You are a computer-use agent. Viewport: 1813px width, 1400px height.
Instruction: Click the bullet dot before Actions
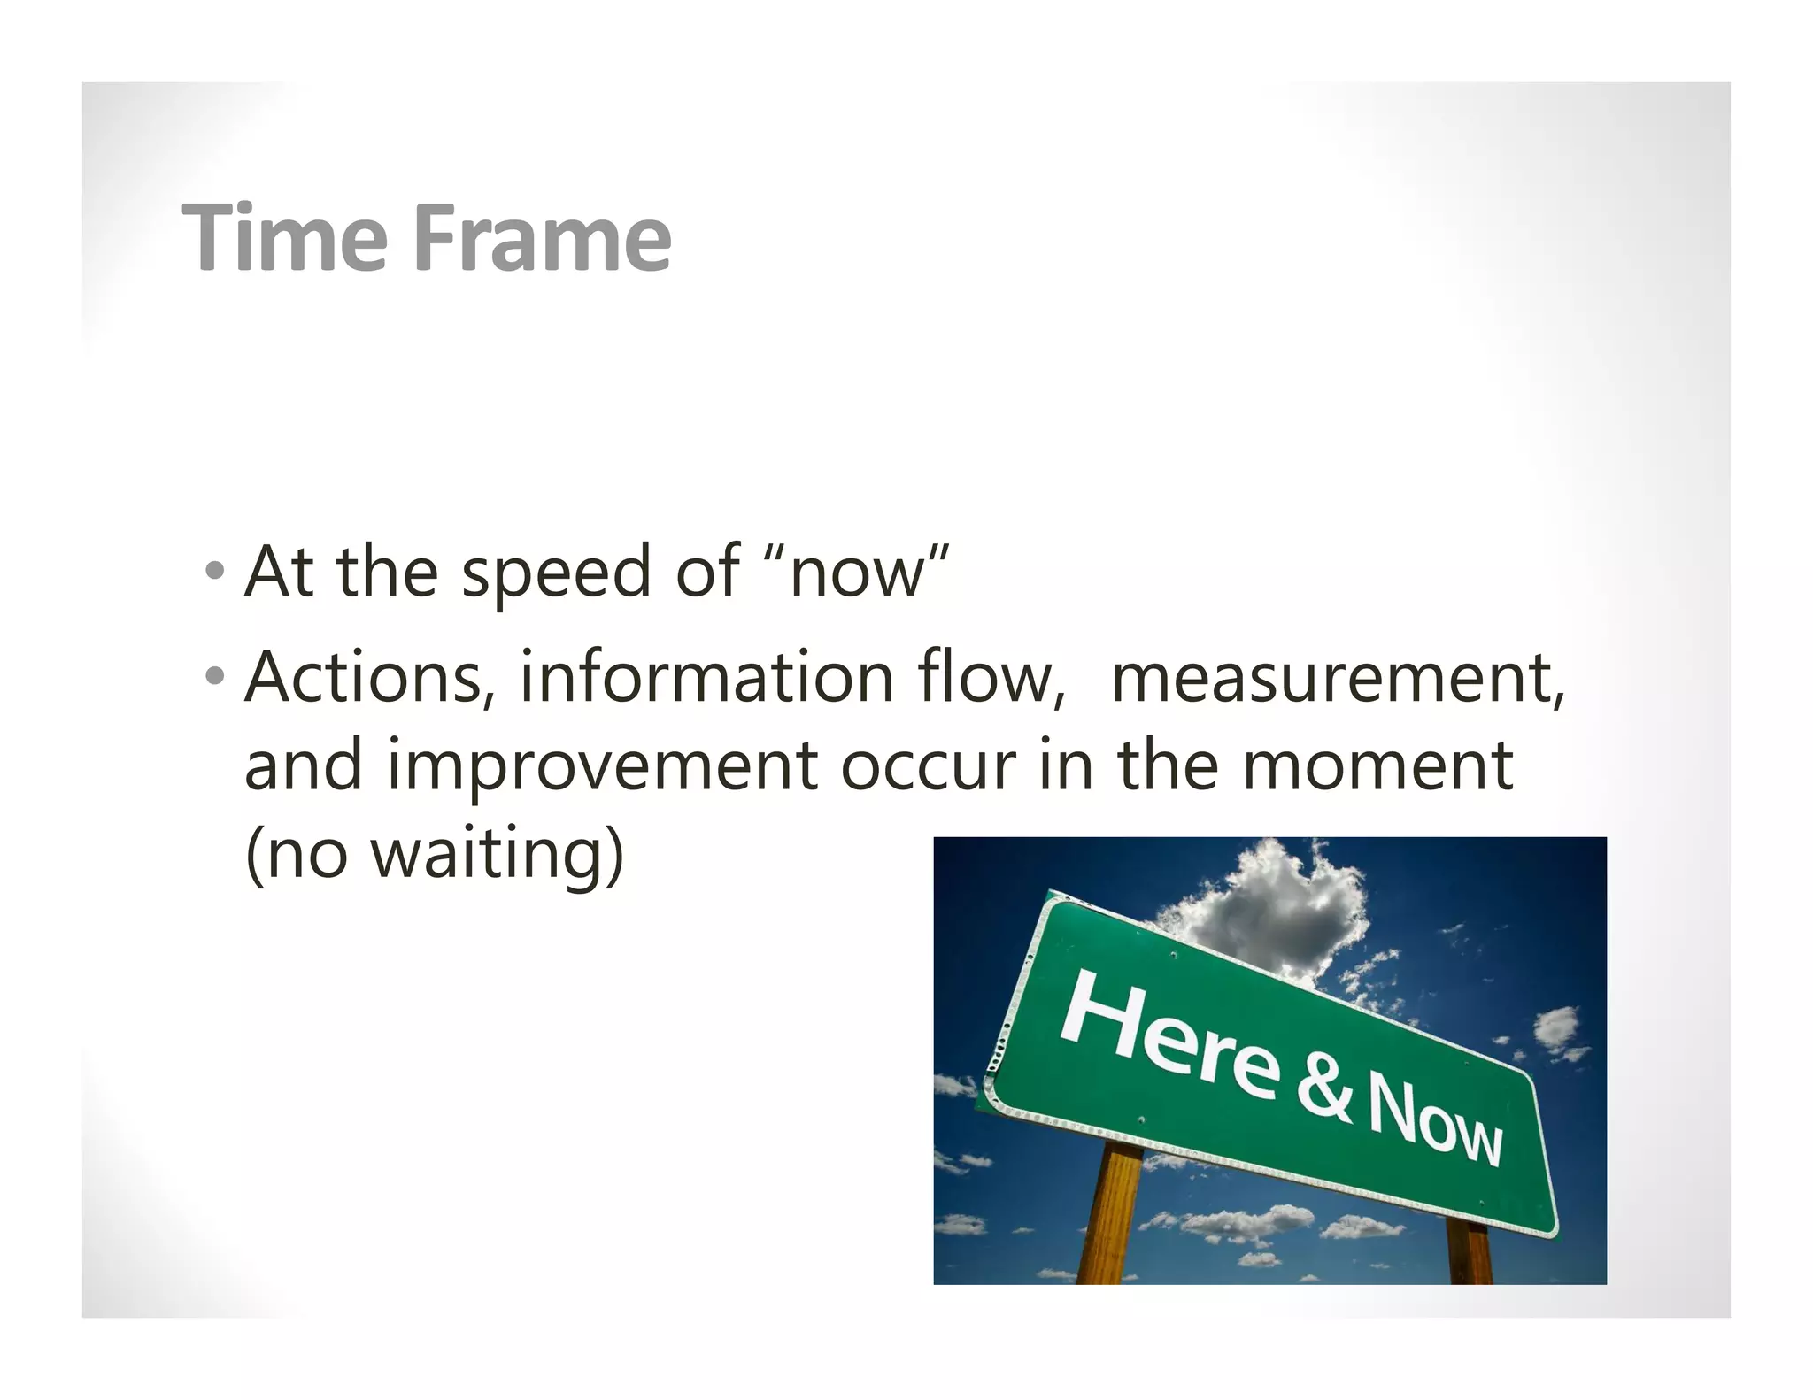(x=213, y=678)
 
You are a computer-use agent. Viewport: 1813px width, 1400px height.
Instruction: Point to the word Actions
(x=363, y=677)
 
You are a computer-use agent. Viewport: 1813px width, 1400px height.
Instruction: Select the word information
(x=706, y=677)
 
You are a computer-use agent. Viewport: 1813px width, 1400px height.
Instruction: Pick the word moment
(x=1377, y=766)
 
